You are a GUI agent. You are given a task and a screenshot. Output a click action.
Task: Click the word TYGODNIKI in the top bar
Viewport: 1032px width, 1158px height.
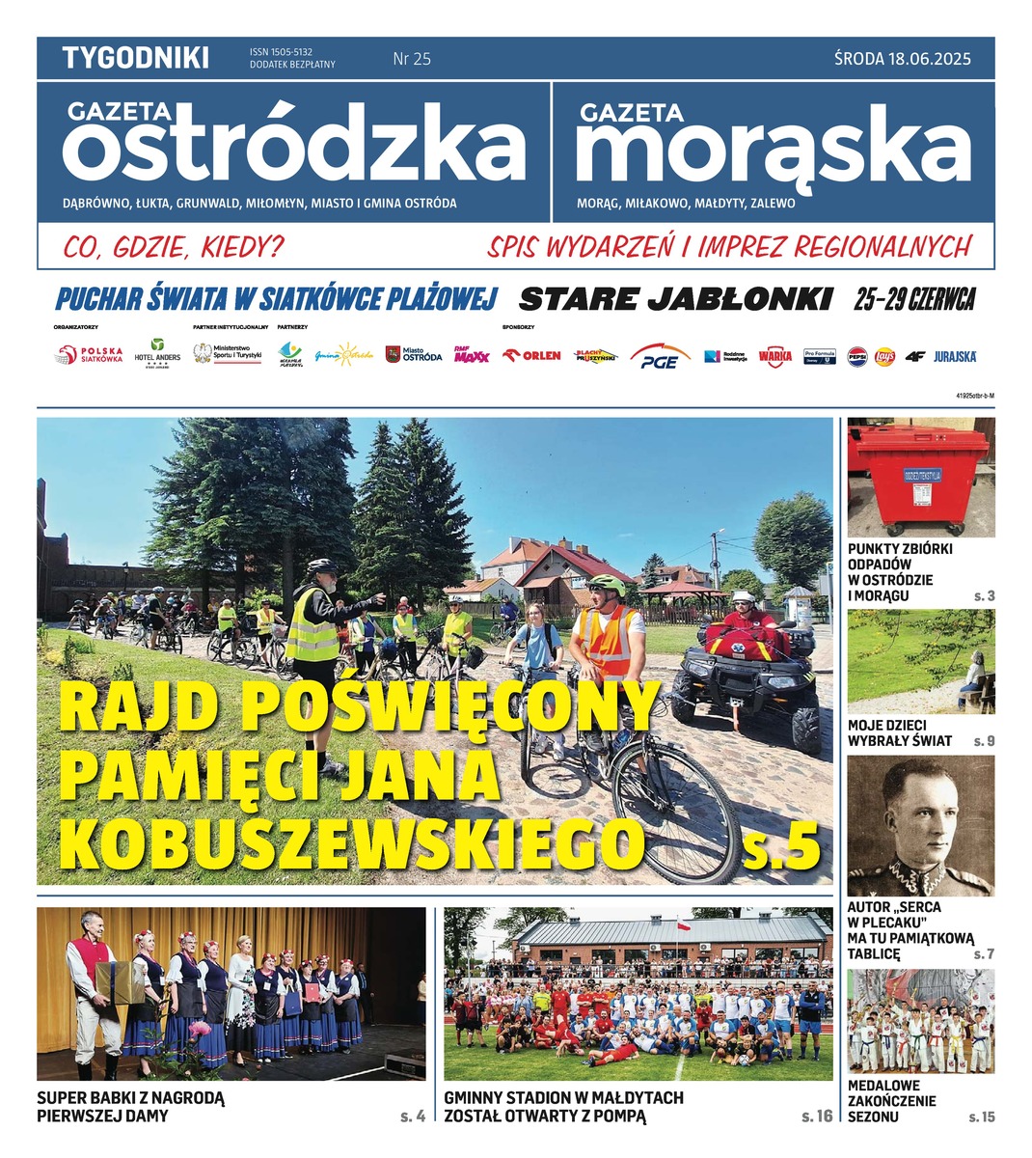point(135,58)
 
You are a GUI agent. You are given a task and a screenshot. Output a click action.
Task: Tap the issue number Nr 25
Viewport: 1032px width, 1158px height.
point(412,59)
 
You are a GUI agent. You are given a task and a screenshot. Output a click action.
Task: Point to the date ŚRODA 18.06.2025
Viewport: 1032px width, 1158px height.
point(902,59)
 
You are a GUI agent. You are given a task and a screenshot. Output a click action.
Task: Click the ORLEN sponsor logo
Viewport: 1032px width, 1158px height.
point(532,355)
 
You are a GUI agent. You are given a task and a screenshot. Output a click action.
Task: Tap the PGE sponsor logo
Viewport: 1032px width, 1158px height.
point(660,357)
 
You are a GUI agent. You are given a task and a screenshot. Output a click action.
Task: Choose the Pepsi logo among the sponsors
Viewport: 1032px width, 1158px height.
point(856,356)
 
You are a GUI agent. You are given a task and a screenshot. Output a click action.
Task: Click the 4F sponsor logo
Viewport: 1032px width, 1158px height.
point(915,356)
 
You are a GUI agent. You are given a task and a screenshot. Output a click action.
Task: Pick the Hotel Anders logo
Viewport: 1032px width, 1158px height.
point(157,354)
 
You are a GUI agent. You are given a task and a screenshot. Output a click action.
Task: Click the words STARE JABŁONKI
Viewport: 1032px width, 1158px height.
point(675,299)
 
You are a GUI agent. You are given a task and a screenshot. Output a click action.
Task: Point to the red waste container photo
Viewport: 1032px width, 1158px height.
point(920,478)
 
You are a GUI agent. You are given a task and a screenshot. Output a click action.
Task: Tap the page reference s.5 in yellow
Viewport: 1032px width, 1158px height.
point(781,846)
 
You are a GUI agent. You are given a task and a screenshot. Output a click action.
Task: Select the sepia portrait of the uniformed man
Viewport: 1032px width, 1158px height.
point(920,826)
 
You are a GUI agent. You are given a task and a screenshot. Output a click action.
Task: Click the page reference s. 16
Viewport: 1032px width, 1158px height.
point(816,1117)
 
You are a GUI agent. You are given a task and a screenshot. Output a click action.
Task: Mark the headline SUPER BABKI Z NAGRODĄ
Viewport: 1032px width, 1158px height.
point(130,1098)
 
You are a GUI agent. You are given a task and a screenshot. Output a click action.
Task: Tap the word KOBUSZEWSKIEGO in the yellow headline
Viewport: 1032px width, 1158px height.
point(351,844)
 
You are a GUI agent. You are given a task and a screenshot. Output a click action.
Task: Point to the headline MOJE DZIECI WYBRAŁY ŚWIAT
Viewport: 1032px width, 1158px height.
point(900,732)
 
